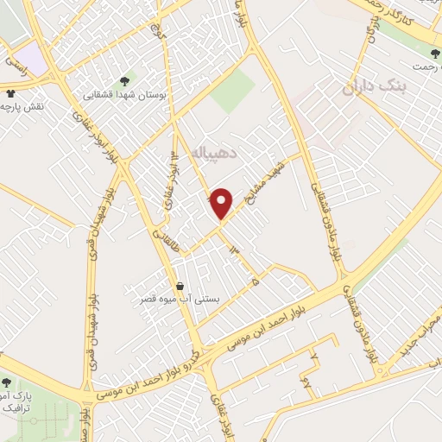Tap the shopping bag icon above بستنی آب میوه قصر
180,286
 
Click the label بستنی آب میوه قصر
180,300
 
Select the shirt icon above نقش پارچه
10,93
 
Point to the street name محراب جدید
420,333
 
